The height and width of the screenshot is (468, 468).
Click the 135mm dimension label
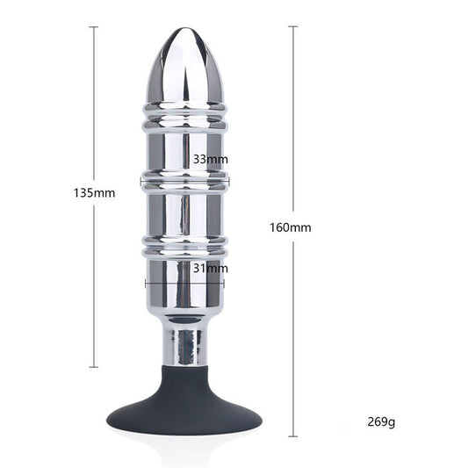point(94,193)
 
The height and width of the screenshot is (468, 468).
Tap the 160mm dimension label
point(291,227)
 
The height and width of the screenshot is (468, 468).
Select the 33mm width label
point(211,159)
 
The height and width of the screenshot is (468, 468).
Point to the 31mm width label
point(211,269)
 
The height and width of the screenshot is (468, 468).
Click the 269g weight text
point(381,421)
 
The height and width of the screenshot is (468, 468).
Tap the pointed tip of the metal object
point(184,28)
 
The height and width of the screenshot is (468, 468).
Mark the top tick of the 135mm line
point(94,27)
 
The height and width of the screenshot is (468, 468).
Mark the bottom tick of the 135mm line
point(94,367)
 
